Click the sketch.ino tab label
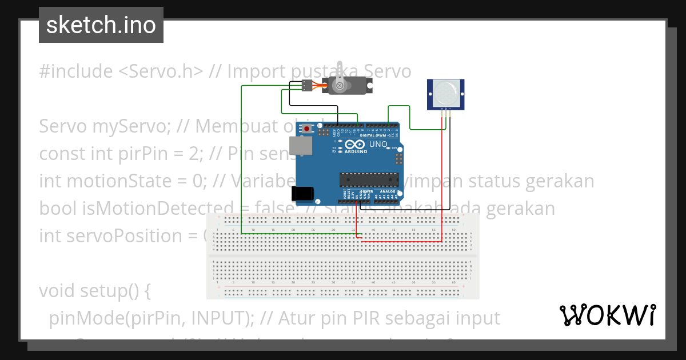(101, 25)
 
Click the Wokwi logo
(607, 315)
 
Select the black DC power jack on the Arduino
(302, 194)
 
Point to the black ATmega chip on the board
(369, 179)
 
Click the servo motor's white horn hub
(340, 86)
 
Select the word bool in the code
(54, 209)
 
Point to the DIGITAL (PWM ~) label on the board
(380, 135)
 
